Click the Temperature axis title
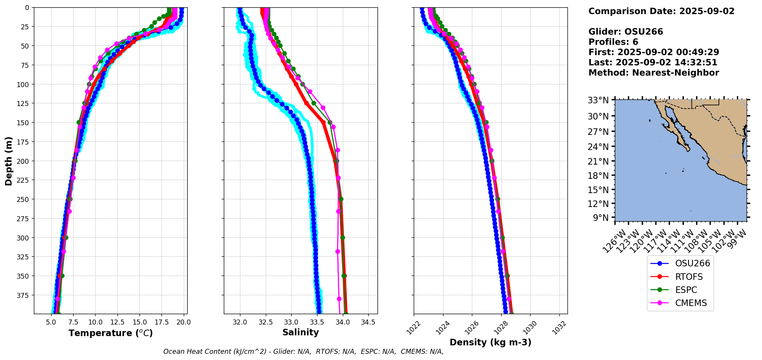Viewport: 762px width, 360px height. [111, 333]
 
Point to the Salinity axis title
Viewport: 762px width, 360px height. [300, 332]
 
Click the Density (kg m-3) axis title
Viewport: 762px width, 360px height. [490, 342]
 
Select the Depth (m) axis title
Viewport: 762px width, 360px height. [8, 161]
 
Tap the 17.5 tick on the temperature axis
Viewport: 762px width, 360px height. [162, 322]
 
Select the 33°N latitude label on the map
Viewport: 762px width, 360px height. [598, 101]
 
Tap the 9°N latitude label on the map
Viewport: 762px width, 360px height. [601, 218]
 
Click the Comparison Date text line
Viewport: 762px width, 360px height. [661, 11]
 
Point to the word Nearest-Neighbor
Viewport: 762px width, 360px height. [675, 73]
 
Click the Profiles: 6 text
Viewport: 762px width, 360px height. [613, 42]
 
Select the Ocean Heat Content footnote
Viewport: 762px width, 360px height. [303, 352]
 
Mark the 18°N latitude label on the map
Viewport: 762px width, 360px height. [598, 176]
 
